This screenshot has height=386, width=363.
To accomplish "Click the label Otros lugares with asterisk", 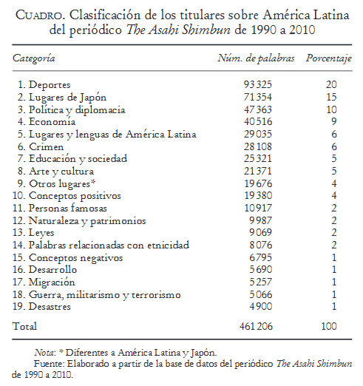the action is tap(63, 183).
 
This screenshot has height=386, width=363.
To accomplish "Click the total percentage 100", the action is tap(330, 325).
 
